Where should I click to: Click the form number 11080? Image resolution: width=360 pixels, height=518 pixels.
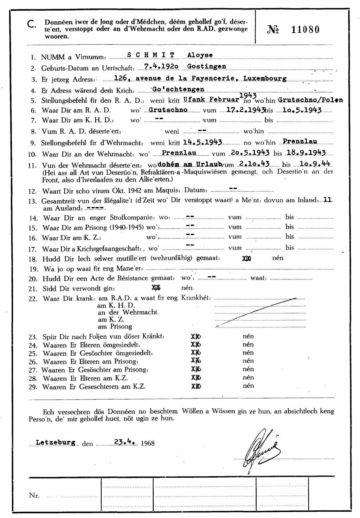click(305, 30)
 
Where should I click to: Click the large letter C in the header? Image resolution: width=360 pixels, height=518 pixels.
click(31, 24)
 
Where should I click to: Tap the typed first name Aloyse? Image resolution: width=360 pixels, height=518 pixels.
click(200, 55)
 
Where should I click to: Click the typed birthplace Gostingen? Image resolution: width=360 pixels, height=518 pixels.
click(207, 66)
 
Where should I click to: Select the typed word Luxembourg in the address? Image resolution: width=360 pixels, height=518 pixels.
click(264, 78)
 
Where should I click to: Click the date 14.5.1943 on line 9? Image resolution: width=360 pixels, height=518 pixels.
click(202, 142)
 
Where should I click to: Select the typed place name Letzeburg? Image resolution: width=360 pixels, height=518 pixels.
click(56, 443)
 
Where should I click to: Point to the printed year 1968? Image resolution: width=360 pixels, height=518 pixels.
click(147, 443)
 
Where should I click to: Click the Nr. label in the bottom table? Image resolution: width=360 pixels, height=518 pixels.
click(34, 496)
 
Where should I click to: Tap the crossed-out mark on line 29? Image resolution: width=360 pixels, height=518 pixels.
click(196, 386)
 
